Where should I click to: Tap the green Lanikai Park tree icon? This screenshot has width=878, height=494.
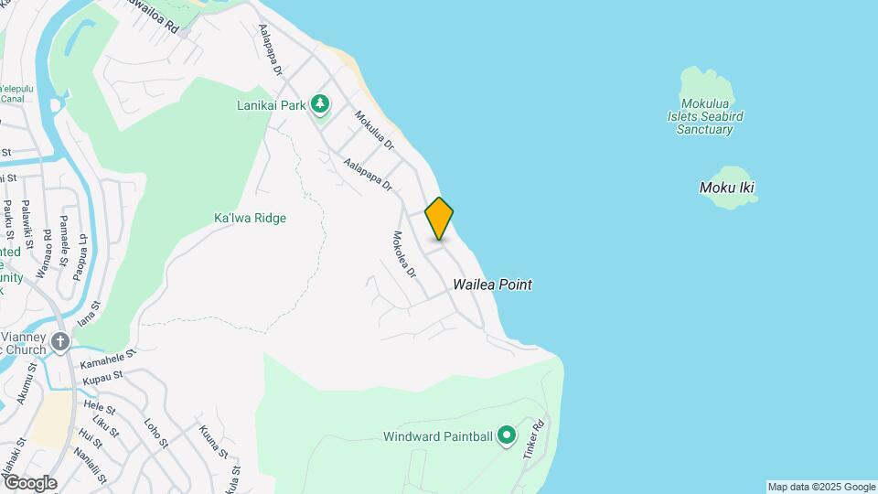pyautogui.click(x=319, y=105)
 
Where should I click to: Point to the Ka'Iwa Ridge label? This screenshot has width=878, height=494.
pyautogui.click(x=250, y=218)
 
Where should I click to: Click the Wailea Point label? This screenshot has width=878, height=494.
pyautogui.click(x=492, y=285)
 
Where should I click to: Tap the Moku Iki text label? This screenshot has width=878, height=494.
pyautogui.click(x=727, y=188)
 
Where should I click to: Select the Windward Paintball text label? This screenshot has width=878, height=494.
pyautogui.click(x=438, y=437)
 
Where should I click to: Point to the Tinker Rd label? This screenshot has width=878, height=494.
pyautogui.click(x=533, y=440)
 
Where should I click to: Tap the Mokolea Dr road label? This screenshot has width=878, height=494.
pyautogui.click(x=403, y=252)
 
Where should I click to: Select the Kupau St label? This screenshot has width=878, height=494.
pyautogui.click(x=102, y=376)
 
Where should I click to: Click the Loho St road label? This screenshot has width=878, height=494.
pyautogui.click(x=156, y=433)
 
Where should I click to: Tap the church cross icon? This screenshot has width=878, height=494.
pyautogui.click(x=61, y=342)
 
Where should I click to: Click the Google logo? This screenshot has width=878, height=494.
pyautogui.click(x=29, y=482)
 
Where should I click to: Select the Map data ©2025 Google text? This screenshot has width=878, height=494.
pyautogui.click(x=821, y=487)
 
